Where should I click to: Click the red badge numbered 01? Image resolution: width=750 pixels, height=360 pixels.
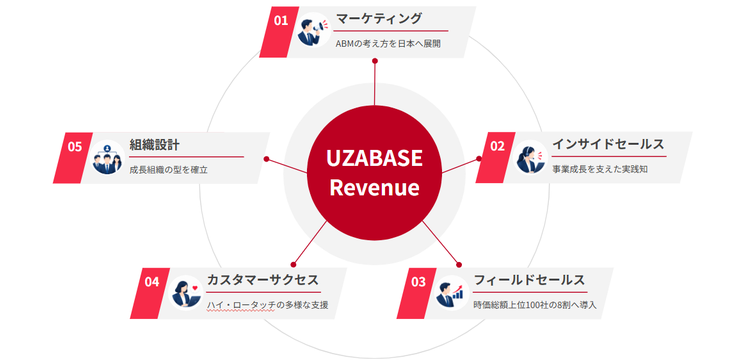[x=279, y=32]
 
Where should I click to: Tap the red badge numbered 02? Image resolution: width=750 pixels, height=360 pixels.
[x=496, y=157]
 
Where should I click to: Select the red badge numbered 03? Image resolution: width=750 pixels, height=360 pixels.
[x=417, y=293]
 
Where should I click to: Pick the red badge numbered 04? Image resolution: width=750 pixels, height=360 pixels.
[x=150, y=293]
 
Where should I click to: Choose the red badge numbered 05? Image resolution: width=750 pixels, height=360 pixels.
[x=73, y=157]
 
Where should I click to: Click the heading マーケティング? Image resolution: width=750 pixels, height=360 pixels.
[x=379, y=19]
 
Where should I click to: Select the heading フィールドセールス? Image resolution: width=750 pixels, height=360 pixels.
[x=529, y=280]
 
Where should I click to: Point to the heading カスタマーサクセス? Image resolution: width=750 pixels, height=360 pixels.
[x=263, y=280]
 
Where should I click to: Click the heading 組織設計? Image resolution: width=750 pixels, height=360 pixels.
[x=154, y=144]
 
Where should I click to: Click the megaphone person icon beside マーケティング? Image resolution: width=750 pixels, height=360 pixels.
[x=313, y=30]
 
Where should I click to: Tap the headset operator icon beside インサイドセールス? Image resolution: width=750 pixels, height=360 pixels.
[x=530, y=157]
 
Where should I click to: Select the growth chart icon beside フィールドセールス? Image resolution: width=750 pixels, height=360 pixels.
[x=452, y=293]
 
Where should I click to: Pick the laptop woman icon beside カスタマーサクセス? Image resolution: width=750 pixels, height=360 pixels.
[x=186, y=293]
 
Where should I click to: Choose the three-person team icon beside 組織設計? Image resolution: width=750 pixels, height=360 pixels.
[x=107, y=157]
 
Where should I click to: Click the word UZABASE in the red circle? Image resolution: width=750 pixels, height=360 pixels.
[x=375, y=158]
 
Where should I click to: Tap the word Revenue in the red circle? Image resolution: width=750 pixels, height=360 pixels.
[x=375, y=187]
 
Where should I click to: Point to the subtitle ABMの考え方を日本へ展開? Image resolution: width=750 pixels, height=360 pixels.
[x=388, y=44]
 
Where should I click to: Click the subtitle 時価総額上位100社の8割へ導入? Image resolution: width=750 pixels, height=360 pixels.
[x=535, y=305]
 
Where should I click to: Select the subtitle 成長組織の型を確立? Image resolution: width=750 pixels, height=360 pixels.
[x=168, y=170]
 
